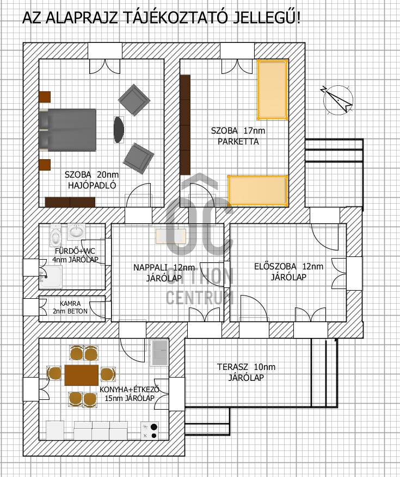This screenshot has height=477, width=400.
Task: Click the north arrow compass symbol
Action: pos(338,100)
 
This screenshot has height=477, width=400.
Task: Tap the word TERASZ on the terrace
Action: pos(233,367)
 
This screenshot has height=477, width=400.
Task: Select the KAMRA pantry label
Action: pos(70,304)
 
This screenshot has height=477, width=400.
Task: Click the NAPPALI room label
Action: pos(151,267)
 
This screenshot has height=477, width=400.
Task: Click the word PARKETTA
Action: pos(238,141)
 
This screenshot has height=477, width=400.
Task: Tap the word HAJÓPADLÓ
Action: pos(92,186)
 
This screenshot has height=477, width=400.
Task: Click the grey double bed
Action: pos(67,130)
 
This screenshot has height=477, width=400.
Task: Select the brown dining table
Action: pos(81,375)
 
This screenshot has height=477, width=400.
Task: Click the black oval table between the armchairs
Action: pos(119,130)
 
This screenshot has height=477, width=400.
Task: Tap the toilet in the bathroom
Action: pos(56,235)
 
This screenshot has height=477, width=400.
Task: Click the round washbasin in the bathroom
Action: pos(76,232)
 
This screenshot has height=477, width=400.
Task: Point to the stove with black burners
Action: pos(150,431)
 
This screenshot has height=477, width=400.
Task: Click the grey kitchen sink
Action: pos(159,353)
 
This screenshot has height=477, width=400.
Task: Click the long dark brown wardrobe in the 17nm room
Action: pos(185,125)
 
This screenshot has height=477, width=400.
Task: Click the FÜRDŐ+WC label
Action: pos(75,252)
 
